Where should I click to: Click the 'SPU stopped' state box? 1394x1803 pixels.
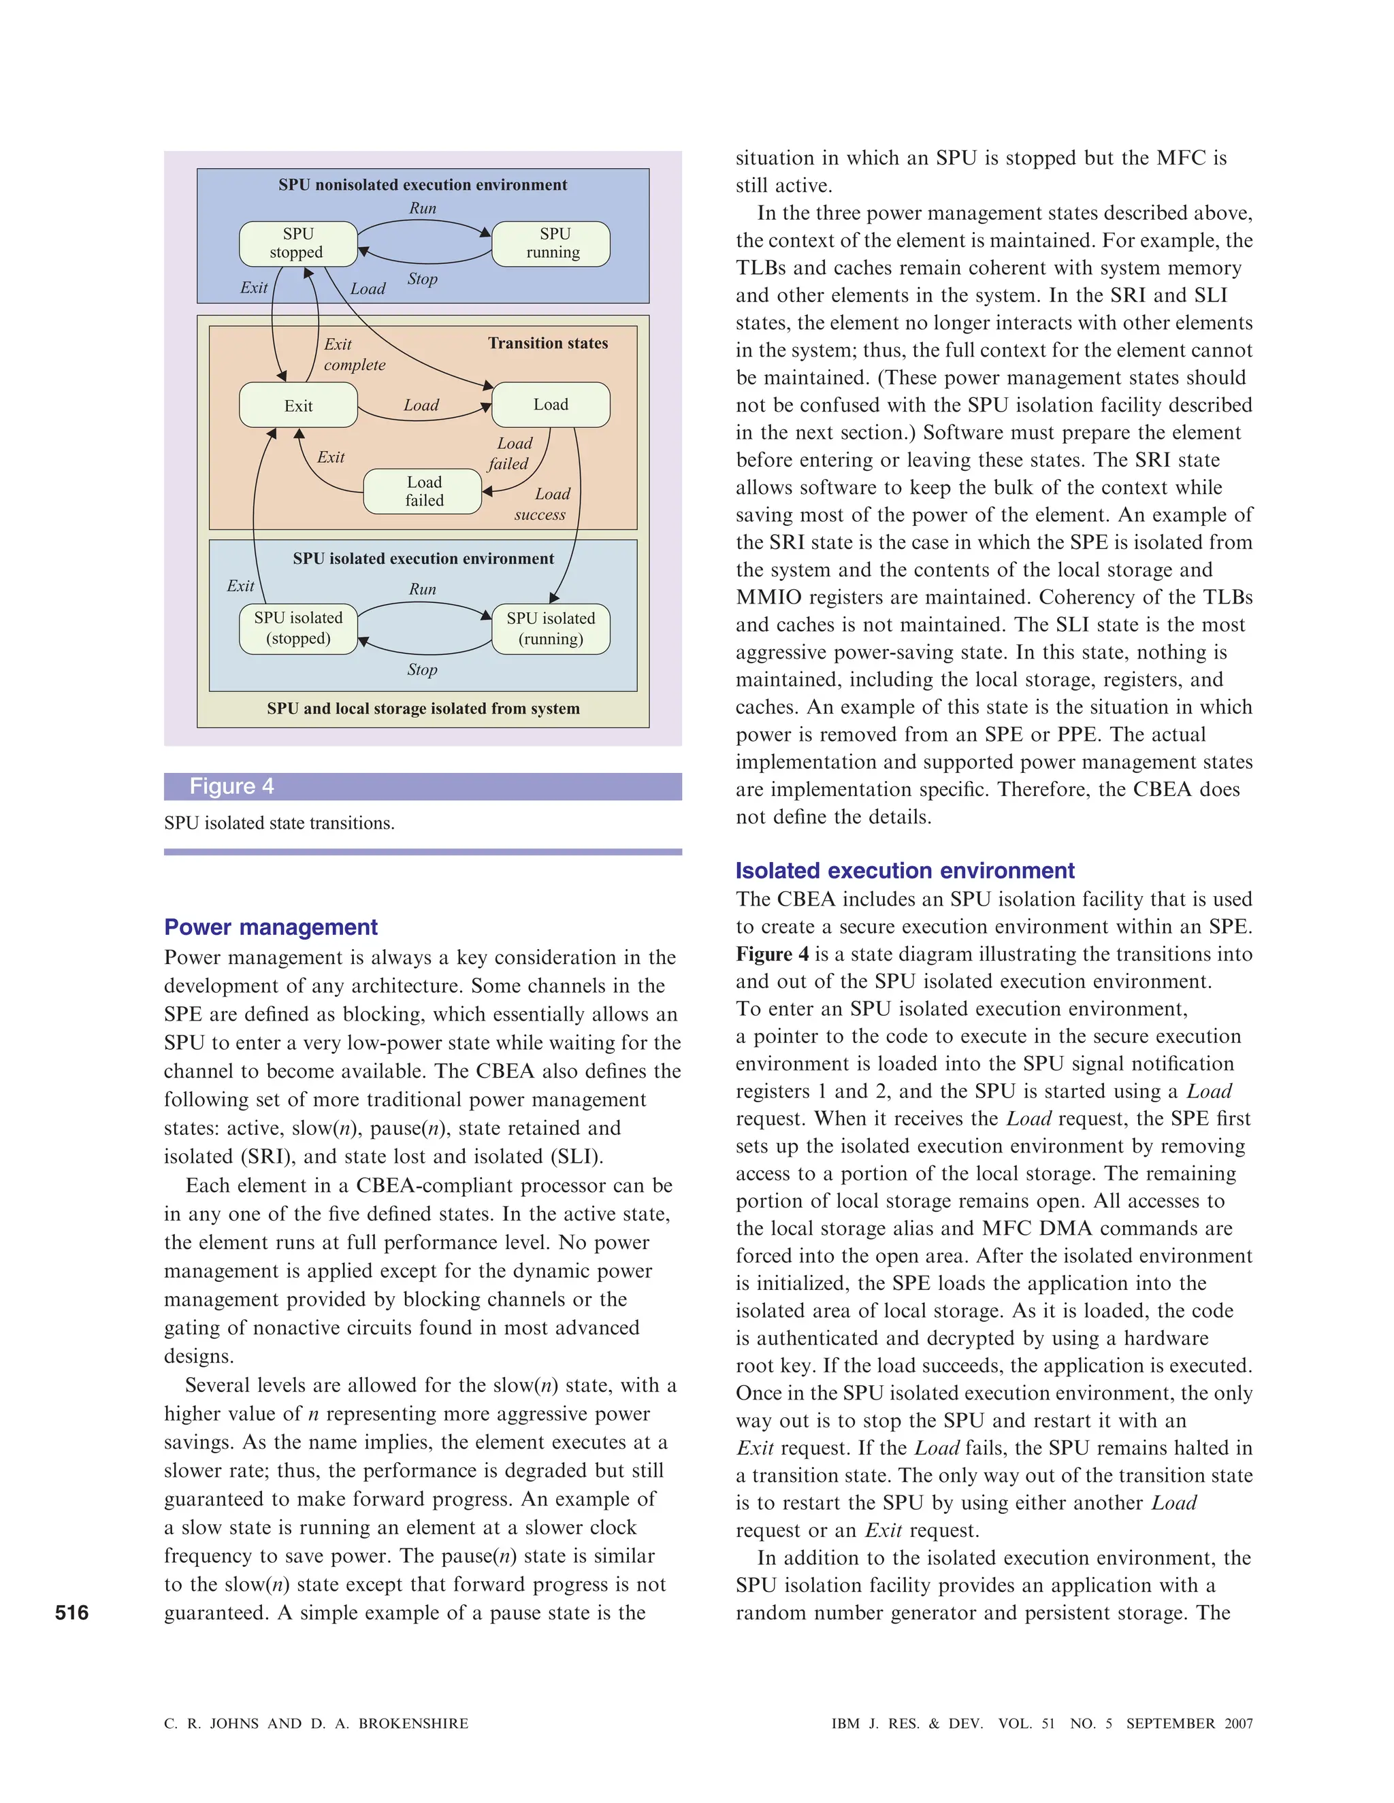(298, 244)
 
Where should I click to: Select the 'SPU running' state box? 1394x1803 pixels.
(551, 244)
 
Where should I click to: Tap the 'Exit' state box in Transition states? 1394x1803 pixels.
(298, 406)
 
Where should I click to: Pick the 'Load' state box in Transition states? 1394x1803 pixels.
(551, 405)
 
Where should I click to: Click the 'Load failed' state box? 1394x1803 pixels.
(423, 491)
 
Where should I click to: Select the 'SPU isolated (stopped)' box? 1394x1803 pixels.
(298, 628)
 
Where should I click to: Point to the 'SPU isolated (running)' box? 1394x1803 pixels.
(551, 628)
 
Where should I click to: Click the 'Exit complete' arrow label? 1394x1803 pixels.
(353, 354)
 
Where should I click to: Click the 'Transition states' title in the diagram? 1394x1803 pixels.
(547, 343)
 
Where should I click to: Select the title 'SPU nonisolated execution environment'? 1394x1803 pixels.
(423, 185)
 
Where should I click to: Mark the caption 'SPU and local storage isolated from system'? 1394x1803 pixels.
(423, 708)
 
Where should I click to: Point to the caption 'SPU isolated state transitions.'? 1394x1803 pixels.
(279, 823)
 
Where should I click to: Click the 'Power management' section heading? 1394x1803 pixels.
(271, 927)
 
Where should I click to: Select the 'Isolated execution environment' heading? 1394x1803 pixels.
(905, 871)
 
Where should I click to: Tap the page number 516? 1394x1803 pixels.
(72, 1612)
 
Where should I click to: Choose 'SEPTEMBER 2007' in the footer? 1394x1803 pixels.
(1189, 1723)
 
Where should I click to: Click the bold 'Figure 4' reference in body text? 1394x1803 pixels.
(772, 955)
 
